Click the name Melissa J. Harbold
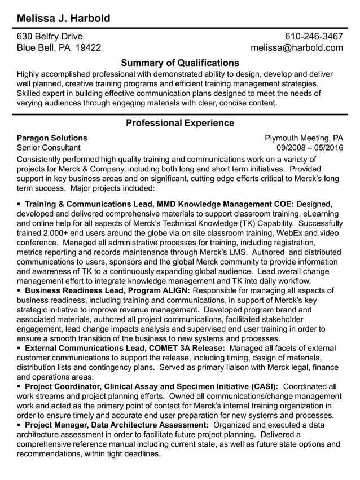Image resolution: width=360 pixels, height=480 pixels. [63, 19]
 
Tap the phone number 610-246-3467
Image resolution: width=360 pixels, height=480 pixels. [313, 37]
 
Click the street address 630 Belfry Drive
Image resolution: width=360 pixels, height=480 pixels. [50, 37]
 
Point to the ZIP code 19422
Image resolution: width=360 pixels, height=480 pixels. [88, 48]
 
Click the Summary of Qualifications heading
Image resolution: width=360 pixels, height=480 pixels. [179, 63]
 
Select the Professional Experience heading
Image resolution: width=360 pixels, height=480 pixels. [179, 123]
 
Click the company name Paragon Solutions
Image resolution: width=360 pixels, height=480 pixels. [52, 138]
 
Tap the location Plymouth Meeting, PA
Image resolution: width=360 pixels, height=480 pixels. [304, 138]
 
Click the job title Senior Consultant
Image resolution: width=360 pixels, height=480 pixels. [49, 148]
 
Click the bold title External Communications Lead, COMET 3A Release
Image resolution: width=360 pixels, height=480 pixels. [125, 349]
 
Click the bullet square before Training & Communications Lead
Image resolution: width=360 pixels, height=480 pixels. [19, 204]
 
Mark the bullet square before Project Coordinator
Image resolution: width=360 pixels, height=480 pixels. [19, 386]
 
